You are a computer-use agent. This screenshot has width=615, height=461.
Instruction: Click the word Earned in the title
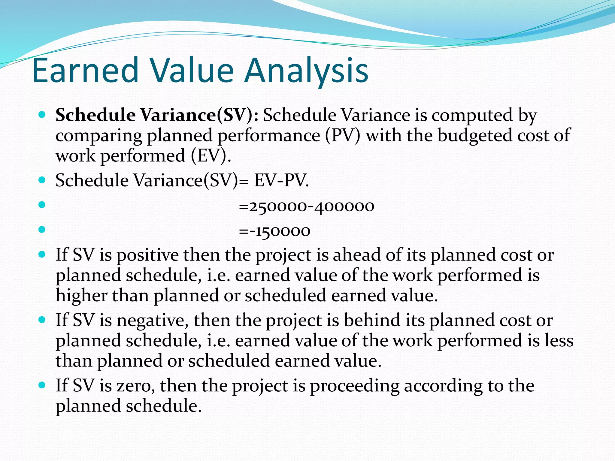click(85, 71)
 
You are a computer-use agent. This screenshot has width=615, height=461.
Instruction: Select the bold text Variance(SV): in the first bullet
click(199, 115)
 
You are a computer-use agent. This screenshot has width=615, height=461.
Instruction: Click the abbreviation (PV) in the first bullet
click(342, 136)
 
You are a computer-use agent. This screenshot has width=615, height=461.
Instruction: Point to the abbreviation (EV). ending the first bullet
click(211, 156)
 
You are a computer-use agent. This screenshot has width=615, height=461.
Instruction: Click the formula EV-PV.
click(281, 181)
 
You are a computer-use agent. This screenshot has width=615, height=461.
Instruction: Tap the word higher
click(81, 296)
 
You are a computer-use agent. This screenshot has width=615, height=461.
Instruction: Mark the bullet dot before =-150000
click(42, 230)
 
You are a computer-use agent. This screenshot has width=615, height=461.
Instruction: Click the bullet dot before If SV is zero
click(42, 385)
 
